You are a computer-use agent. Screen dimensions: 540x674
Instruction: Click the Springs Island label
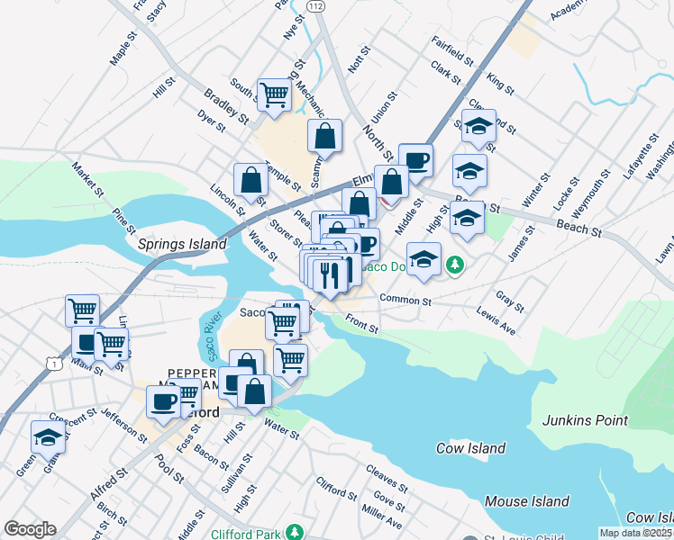[x=181, y=244]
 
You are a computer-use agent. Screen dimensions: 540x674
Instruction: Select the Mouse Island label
[x=526, y=501]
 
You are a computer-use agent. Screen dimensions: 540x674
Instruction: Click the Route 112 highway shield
[x=314, y=6]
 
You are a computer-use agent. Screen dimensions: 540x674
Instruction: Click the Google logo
[x=30, y=529]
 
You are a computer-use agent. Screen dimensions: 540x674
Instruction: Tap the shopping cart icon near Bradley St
[x=274, y=94]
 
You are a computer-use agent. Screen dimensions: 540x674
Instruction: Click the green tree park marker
[x=457, y=264]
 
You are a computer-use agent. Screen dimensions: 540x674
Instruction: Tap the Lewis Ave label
[x=496, y=324]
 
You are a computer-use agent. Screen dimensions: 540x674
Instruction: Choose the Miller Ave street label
[x=381, y=515]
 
